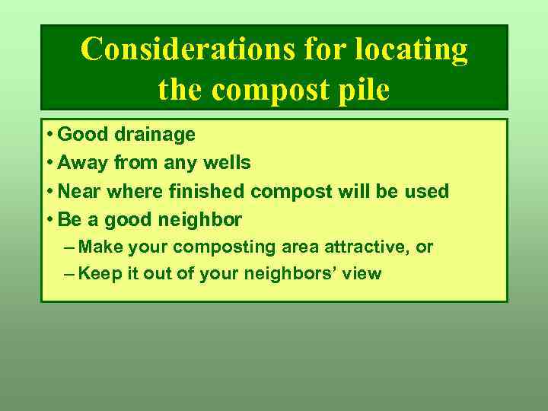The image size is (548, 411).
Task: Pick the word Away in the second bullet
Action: pyautogui.click(x=80, y=163)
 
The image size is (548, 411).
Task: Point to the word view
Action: pyautogui.click(x=361, y=274)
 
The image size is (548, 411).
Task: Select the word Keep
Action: pyautogui.click(x=96, y=274)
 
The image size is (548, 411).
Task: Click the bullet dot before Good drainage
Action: pyautogui.click(x=49, y=135)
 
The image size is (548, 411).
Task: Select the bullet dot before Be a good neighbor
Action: pyautogui.click(x=49, y=221)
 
